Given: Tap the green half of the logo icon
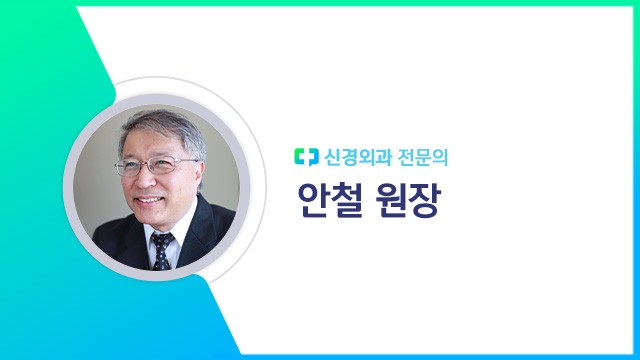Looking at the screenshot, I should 301,156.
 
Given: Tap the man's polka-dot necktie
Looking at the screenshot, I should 160,250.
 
